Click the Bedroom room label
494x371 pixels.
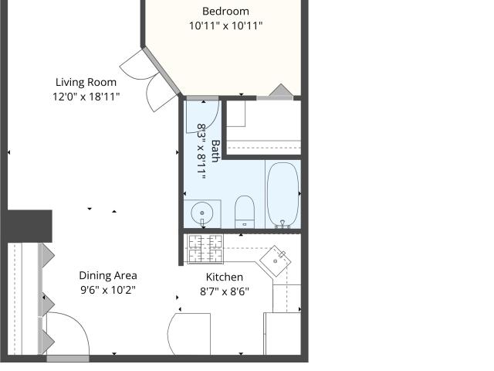tap(225, 12)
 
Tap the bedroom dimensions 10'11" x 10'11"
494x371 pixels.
tap(225, 26)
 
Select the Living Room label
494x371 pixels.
tap(86, 83)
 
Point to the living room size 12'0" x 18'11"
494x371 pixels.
tap(86, 97)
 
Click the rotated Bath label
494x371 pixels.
tap(216, 151)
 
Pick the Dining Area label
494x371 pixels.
tap(108, 275)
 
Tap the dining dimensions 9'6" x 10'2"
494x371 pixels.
tap(108, 290)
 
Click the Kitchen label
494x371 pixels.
tap(225, 277)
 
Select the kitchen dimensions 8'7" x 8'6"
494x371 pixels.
tap(225, 291)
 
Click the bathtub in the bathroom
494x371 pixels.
tap(283, 195)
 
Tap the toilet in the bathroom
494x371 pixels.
tap(245, 212)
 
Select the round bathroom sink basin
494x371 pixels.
tap(202, 213)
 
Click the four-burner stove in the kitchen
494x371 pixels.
tap(205, 249)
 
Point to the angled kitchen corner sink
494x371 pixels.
tap(275, 261)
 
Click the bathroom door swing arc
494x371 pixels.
tap(211, 121)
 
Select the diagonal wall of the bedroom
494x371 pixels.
tap(161, 71)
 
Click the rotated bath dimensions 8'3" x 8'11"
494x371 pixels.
tap(201, 151)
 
